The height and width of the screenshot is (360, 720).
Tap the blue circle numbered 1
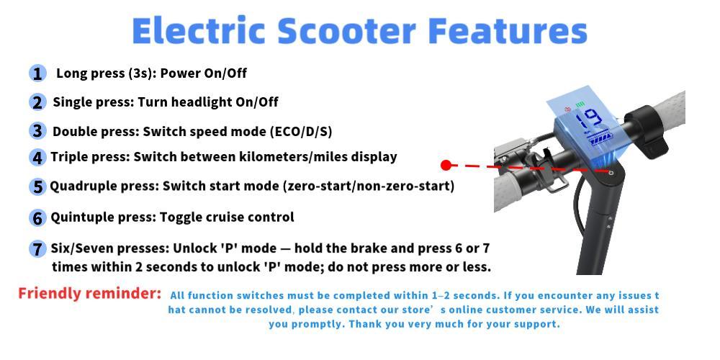[x=37, y=73]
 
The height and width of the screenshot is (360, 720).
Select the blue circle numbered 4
[x=37, y=157]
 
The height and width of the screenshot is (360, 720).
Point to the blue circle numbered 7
[x=37, y=249]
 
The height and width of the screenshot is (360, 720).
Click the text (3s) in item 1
[x=141, y=73]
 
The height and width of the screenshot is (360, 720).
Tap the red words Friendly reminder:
[x=90, y=294]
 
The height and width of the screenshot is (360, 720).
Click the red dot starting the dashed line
[x=446, y=166]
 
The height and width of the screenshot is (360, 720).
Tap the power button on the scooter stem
[x=611, y=173]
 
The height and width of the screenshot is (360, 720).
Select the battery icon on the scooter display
[x=598, y=137]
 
